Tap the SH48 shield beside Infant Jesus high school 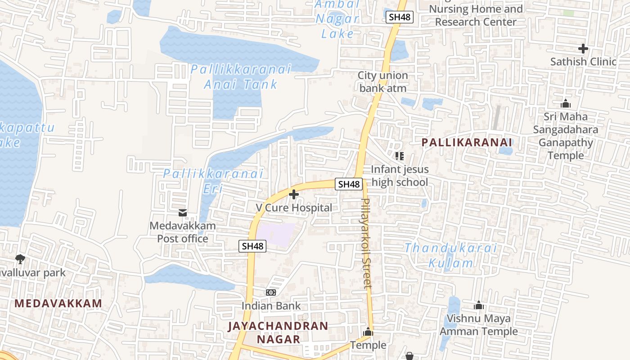[x=349, y=184]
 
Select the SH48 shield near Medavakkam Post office [x=252, y=246]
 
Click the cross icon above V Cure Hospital [x=294, y=194]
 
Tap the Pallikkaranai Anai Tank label [x=241, y=76]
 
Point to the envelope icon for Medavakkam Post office [x=183, y=212]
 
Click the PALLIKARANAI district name [x=467, y=142]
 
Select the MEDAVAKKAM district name [x=58, y=303]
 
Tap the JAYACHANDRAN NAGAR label [x=278, y=332]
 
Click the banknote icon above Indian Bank [x=271, y=292]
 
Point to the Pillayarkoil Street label [x=367, y=243]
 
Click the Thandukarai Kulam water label [x=450, y=255]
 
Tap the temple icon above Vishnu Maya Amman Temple [x=479, y=305]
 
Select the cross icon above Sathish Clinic [x=583, y=48]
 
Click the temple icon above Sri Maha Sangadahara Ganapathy [x=566, y=103]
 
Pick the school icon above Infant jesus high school [x=399, y=156]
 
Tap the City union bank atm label [x=382, y=81]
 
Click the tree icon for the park [x=20, y=259]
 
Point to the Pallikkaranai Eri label [x=213, y=180]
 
